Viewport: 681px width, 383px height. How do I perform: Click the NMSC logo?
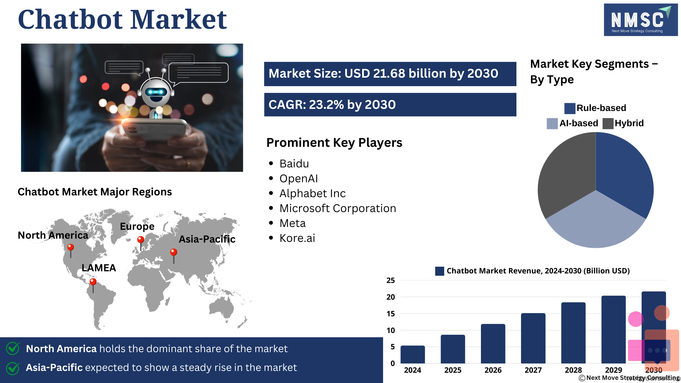[641, 20]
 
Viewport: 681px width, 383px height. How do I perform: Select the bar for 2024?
[413, 354]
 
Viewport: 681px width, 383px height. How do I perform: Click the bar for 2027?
[533, 338]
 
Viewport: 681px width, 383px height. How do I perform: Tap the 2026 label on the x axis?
[493, 370]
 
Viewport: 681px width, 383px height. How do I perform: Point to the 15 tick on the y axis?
[391, 314]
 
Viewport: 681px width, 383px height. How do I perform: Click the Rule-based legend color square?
[570, 108]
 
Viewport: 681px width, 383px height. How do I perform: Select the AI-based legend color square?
[552, 123]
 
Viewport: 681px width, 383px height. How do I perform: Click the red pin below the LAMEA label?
[93, 285]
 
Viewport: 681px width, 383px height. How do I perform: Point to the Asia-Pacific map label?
[207, 239]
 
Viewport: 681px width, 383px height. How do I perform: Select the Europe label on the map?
[137, 227]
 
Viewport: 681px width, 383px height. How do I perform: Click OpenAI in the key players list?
[299, 179]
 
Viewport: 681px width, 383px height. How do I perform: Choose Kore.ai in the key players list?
[297, 238]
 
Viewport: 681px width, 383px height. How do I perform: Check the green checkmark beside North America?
[13, 348]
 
